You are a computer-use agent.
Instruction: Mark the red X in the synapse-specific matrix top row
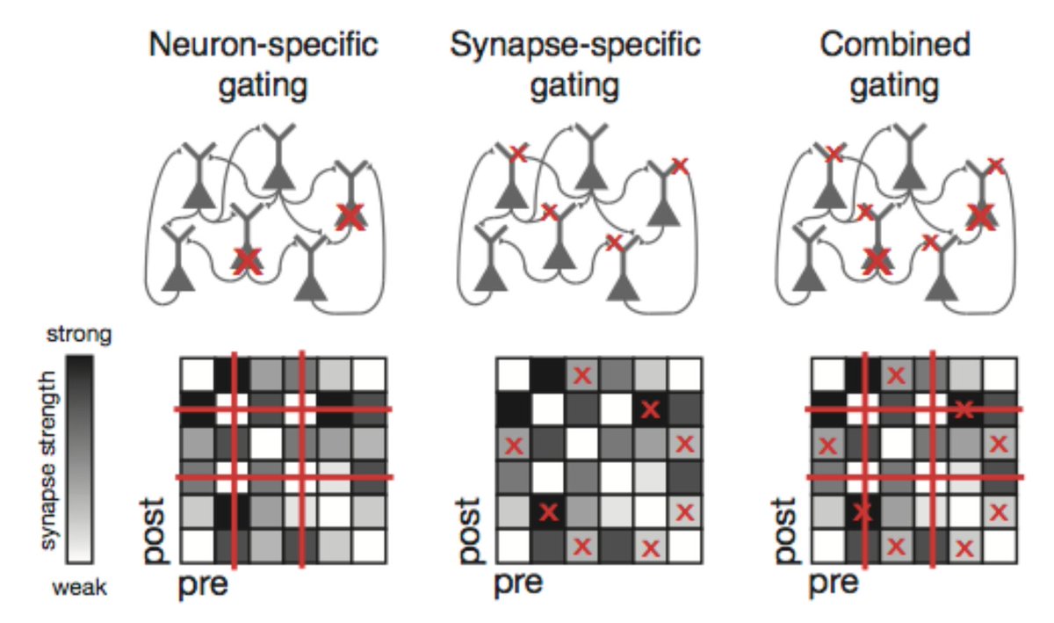click(581, 375)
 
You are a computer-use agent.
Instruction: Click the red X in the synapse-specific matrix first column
click(514, 444)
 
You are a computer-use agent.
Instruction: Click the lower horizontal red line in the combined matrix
click(913, 477)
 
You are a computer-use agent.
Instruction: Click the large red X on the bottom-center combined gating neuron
click(876, 258)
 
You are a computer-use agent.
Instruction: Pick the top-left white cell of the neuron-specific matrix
click(197, 374)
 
